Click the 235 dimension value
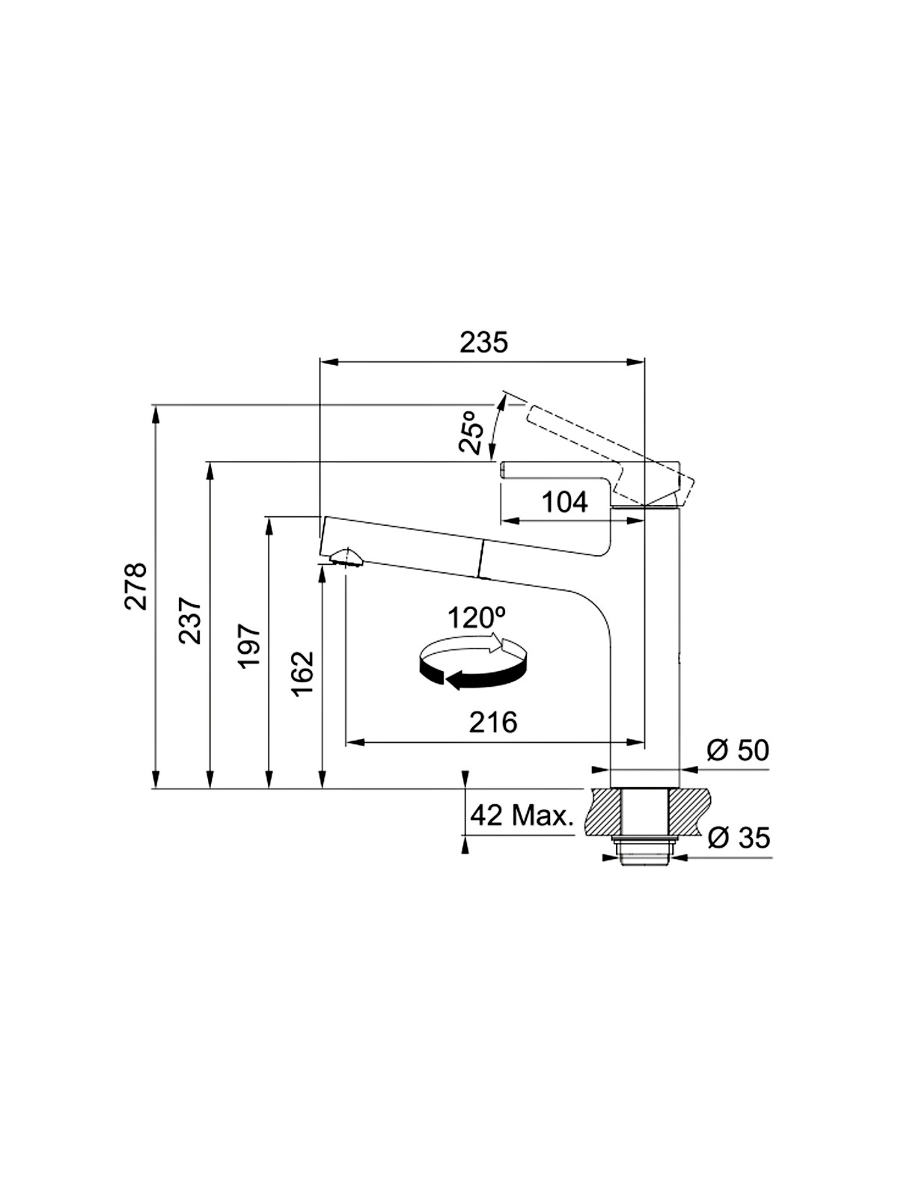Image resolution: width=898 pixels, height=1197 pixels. click(x=483, y=342)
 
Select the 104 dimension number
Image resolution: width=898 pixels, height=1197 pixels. click(x=565, y=502)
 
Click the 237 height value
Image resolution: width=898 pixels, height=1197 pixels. click(x=190, y=620)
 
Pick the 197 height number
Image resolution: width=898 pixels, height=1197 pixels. click(x=249, y=646)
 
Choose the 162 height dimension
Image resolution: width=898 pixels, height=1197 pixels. click(x=302, y=673)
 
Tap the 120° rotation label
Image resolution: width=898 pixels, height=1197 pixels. click(x=477, y=618)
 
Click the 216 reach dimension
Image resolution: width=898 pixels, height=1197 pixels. click(x=493, y=722)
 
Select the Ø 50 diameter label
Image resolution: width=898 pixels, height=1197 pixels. click(x=738, y=750)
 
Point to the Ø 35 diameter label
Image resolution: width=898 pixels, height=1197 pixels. click(x=739, y=838)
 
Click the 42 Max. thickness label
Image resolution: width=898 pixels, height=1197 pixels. click(x=521, y=815)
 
